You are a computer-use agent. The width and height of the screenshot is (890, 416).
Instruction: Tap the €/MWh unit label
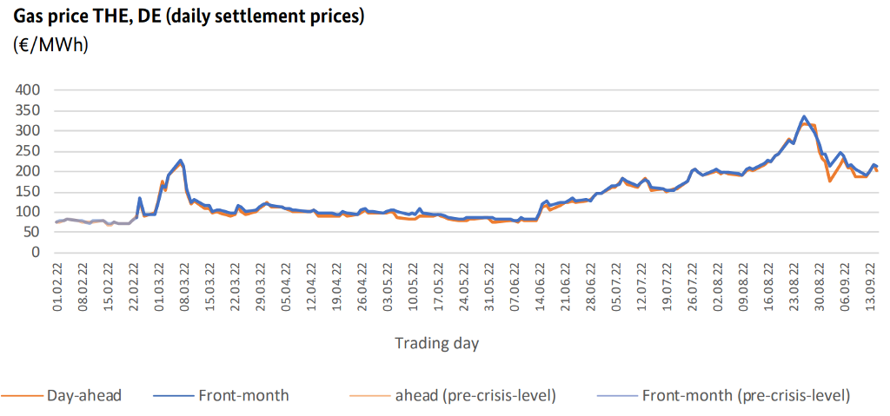[51, 44]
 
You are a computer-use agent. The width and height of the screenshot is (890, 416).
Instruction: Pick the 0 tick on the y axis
[36, 253]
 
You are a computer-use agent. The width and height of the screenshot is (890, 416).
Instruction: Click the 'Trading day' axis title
[437, 342]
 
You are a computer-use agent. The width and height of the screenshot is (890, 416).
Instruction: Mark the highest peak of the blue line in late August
[804, 116]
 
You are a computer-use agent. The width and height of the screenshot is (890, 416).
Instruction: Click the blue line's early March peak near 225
[180, 161]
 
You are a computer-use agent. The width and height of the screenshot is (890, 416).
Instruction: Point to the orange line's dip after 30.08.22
[830, 181]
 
